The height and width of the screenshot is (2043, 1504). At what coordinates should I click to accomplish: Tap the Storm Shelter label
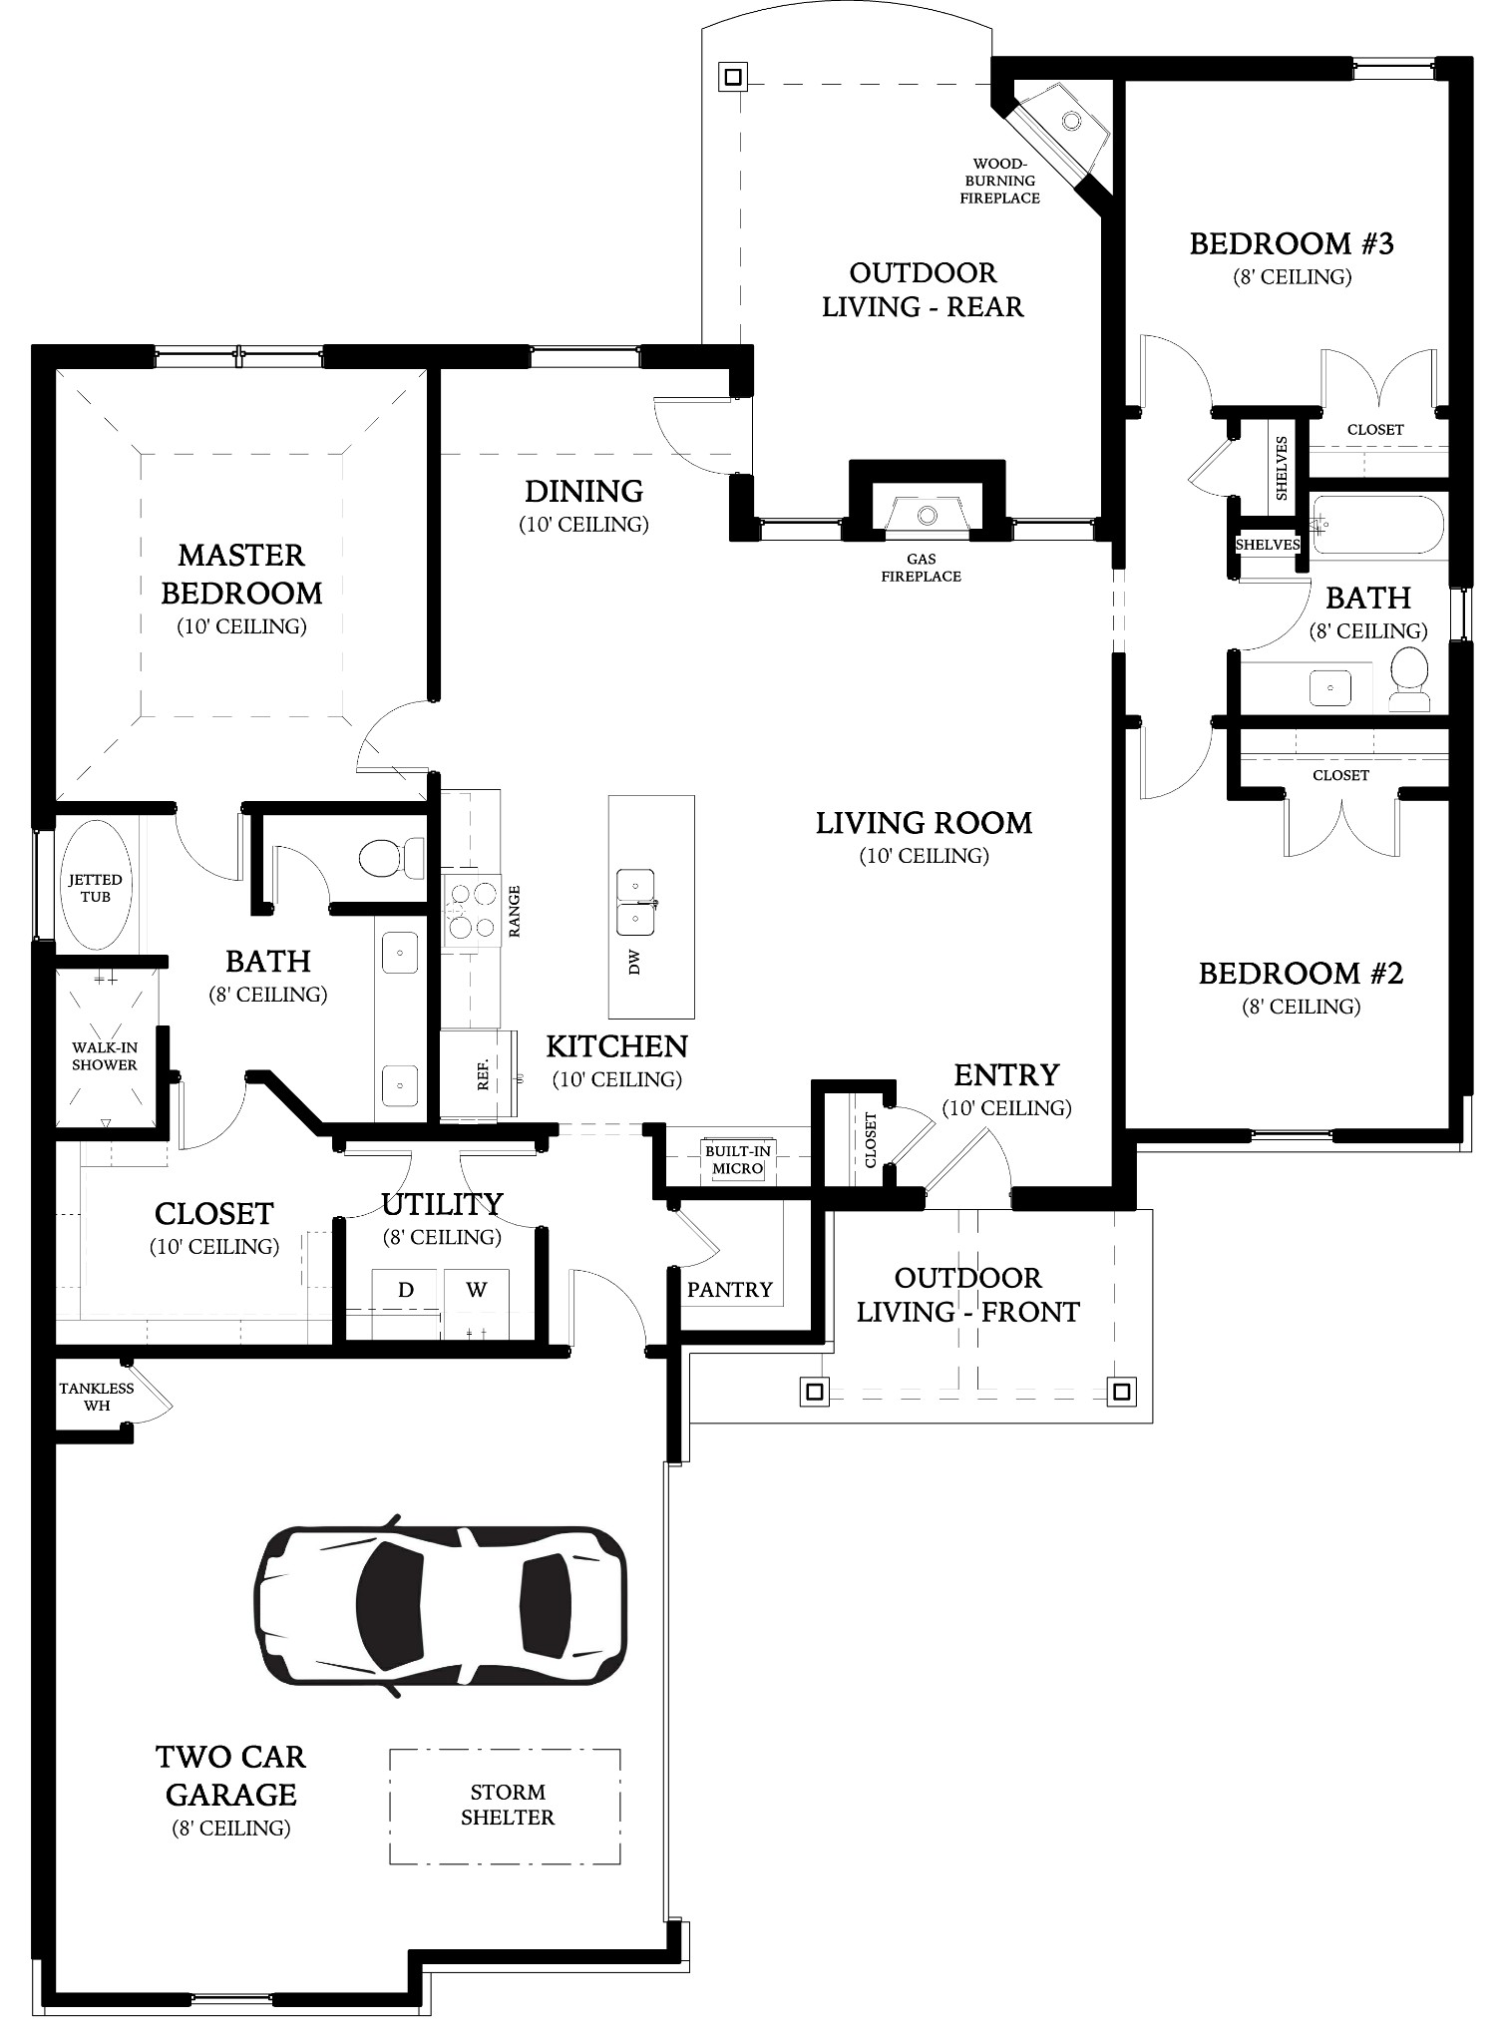[x=508, y=1805]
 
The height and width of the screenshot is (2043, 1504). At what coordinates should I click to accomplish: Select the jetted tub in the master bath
[x=96, y=885]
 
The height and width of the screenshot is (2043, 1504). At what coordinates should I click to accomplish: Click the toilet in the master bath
[x=390, y=857]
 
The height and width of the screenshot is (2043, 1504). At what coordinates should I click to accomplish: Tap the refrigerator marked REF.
[x=480, y=1074]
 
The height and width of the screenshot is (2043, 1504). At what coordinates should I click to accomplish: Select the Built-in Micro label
[x=738, y=1160]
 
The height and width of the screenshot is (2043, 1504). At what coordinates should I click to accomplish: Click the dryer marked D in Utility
[x=406, y=1291]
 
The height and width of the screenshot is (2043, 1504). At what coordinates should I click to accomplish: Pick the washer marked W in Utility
[x=477, y=1291]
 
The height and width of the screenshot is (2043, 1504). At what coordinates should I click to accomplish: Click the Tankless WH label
[x=97, y=1397]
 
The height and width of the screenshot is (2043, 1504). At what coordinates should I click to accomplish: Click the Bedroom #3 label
[x=1292, y=243]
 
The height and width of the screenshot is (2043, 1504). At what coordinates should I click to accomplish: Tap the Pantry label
[x=730, y=1290]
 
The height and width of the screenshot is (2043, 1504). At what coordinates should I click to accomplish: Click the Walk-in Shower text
[x=104, y=1056]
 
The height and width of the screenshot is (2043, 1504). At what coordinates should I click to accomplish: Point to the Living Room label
[x=924, y=823]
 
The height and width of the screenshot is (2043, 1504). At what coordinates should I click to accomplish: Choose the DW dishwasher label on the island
[x=635, y=962]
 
